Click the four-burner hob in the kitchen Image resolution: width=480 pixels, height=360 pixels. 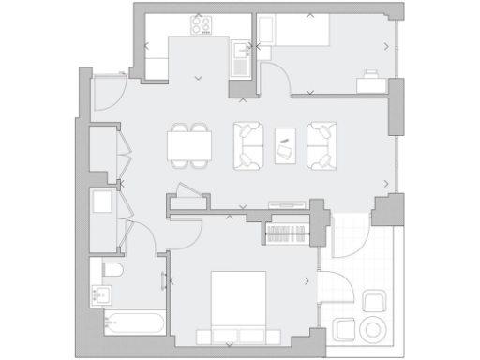pos(202,22)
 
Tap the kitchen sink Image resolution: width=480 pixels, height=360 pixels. pos(241,59)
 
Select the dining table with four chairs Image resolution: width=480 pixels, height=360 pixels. pos(189,145)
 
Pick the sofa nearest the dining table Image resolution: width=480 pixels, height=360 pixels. pos(248,146)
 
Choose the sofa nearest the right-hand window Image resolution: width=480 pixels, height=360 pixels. pos(322,146)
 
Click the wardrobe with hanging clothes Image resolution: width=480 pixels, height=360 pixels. pos(286,232)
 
